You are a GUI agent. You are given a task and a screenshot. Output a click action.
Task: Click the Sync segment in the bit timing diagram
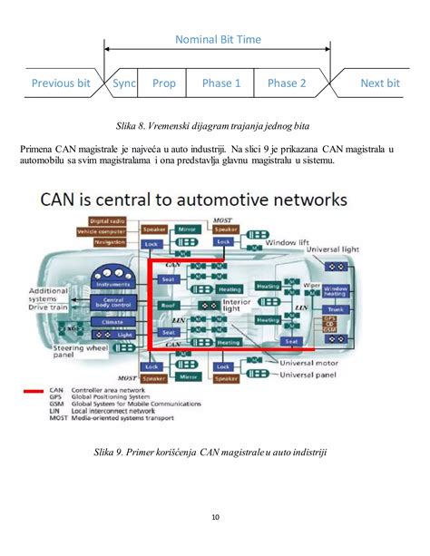124,83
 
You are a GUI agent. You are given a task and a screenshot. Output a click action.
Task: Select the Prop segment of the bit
164,83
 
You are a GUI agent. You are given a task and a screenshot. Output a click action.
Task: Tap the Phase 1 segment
221,83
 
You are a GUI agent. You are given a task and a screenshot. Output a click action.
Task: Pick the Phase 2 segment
287,83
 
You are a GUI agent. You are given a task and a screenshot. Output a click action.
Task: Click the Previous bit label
61,83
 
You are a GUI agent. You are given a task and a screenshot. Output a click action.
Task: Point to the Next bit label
379,83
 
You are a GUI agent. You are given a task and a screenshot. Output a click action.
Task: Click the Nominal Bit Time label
218,40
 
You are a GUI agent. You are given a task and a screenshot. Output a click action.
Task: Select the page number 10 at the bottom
215,518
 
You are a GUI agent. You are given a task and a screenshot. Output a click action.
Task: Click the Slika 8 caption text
215,121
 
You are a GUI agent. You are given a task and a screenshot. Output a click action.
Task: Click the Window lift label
288,242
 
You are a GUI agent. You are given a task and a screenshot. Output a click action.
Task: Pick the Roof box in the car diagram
168,307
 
